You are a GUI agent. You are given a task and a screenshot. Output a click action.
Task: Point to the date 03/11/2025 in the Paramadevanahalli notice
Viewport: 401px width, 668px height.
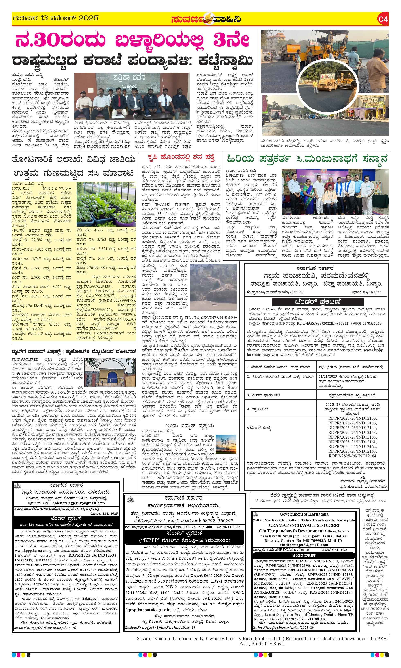pyautogui.click(x=370, y=292)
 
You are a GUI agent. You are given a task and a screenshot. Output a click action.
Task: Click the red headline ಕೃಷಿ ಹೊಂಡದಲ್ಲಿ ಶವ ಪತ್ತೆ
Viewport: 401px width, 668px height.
pyautogui.click(x=181, y=157)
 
